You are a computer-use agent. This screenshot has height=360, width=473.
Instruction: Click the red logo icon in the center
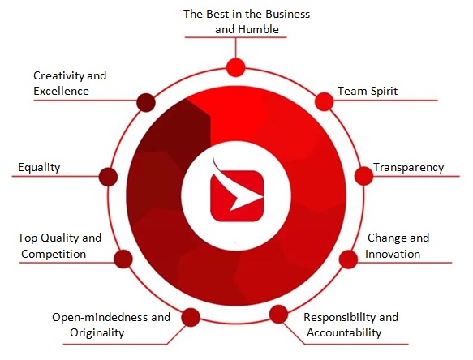click(237, 192)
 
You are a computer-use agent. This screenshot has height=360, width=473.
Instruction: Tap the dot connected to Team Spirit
click(325, 101)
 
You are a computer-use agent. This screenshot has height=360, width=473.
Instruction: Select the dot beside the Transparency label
click(363, 176)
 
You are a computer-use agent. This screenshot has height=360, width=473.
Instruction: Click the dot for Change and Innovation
click(348, 259)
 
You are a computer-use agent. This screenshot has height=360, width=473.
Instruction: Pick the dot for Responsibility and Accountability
click(278, 314)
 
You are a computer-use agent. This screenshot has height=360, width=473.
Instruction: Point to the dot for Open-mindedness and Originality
click(191, 317)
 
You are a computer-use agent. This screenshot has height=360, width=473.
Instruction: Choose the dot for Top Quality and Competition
click(123, 259)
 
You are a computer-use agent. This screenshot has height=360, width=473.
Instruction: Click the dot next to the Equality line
click(108, 177)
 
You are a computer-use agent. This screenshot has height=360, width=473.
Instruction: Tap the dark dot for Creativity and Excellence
click(146, 102)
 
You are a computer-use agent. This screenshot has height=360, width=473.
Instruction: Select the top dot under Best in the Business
click(235, 67)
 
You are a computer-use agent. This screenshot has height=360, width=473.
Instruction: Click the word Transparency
click(408, 167)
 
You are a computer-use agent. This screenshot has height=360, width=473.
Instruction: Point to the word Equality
click(39, 167)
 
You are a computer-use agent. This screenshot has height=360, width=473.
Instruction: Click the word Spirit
click(384, 91)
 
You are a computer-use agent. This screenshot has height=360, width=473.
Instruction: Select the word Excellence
click(61, 91)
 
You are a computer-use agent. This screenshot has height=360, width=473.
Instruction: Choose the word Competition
click(54, 254)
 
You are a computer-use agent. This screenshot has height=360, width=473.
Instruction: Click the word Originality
click(97, 333)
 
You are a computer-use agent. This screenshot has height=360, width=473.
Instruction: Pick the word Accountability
click(344, 333)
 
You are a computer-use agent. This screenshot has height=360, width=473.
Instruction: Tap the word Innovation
click(393, 254)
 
